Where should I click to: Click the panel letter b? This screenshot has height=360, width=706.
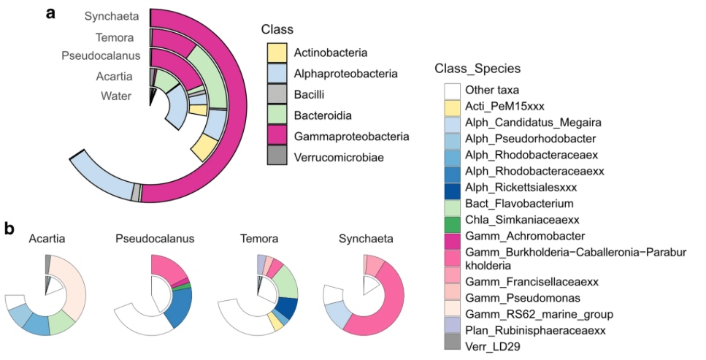[10, 229]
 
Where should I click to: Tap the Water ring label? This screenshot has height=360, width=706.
[116, 96]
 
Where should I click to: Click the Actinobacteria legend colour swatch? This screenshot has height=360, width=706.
[277, 53]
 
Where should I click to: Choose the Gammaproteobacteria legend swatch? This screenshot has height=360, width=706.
[277, 137]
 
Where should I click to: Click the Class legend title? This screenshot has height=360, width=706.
[277, 30]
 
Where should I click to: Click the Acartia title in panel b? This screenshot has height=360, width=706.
[46, 238]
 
